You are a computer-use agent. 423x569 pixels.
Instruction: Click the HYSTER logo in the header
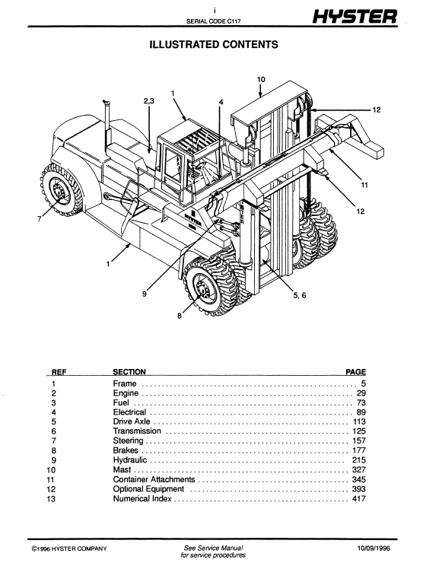(355, 17)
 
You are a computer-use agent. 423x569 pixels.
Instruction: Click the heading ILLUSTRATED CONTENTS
(214, 45)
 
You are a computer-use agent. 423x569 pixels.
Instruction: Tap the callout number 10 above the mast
(261, 79)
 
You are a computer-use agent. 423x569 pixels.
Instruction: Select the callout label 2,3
(149, 101)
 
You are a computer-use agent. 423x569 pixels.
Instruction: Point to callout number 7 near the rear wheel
(39, 219)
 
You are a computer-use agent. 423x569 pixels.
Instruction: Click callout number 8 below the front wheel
(180, 316)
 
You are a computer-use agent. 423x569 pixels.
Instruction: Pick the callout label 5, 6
(300, 295)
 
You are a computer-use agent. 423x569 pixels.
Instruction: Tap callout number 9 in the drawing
(145, 294)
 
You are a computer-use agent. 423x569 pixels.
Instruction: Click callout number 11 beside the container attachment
(364, 185)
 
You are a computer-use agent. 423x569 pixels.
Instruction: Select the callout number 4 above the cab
(221, 102)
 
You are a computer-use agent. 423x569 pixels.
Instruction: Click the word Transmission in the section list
(137, 431)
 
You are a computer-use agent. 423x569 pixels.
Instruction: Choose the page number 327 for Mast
(359, 469)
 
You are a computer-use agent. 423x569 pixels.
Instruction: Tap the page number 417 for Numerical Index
(359, 498)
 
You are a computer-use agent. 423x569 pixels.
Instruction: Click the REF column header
(59, 372)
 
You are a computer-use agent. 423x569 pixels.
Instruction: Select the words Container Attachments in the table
(154, 479)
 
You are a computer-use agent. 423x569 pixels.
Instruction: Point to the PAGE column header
(355, 372)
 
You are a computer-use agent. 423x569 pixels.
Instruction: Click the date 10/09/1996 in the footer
(374, 548)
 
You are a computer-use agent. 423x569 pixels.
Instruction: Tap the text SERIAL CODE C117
(213, 21)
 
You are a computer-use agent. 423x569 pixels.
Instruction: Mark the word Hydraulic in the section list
(130, 460)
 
